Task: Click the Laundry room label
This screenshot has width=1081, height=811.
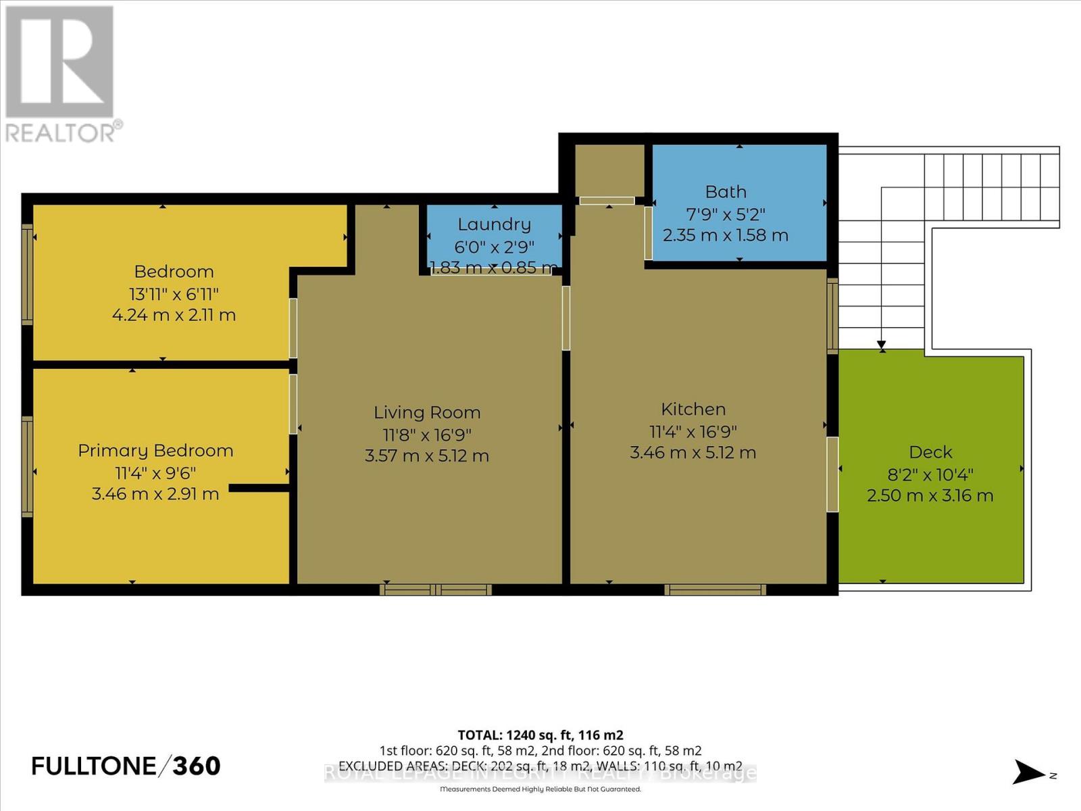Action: click(x=494, y=224)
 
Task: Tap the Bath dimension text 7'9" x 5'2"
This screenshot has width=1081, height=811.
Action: click(x=726, y=214)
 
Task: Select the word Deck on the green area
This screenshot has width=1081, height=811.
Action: click(x=930, y=452)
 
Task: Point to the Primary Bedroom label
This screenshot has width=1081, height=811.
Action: click(x=155, y=451)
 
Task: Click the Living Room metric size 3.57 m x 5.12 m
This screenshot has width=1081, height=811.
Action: click(x=426, y=456)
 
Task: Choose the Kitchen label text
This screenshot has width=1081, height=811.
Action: click(x=693, y=409)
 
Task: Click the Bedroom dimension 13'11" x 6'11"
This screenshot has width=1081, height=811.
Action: click(x=174, y=294)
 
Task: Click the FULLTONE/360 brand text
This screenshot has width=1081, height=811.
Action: click(x=126, y=766)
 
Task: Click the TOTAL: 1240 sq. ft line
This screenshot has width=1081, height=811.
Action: click(x=540, y=735)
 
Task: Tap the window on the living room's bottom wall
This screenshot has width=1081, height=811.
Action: click(x=435, y=590)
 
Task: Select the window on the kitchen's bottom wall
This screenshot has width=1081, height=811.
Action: click(x=715, y=590)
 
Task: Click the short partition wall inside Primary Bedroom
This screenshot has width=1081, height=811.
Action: click(x=259, y=487)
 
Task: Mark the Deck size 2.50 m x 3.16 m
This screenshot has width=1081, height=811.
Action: click(x=930, y=495)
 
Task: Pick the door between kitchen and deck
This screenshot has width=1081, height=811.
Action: click(x=832, y=474)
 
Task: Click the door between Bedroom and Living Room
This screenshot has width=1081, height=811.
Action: click(x=293, y=328)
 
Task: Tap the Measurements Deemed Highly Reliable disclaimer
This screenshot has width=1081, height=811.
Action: click(x=540, y=789)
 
